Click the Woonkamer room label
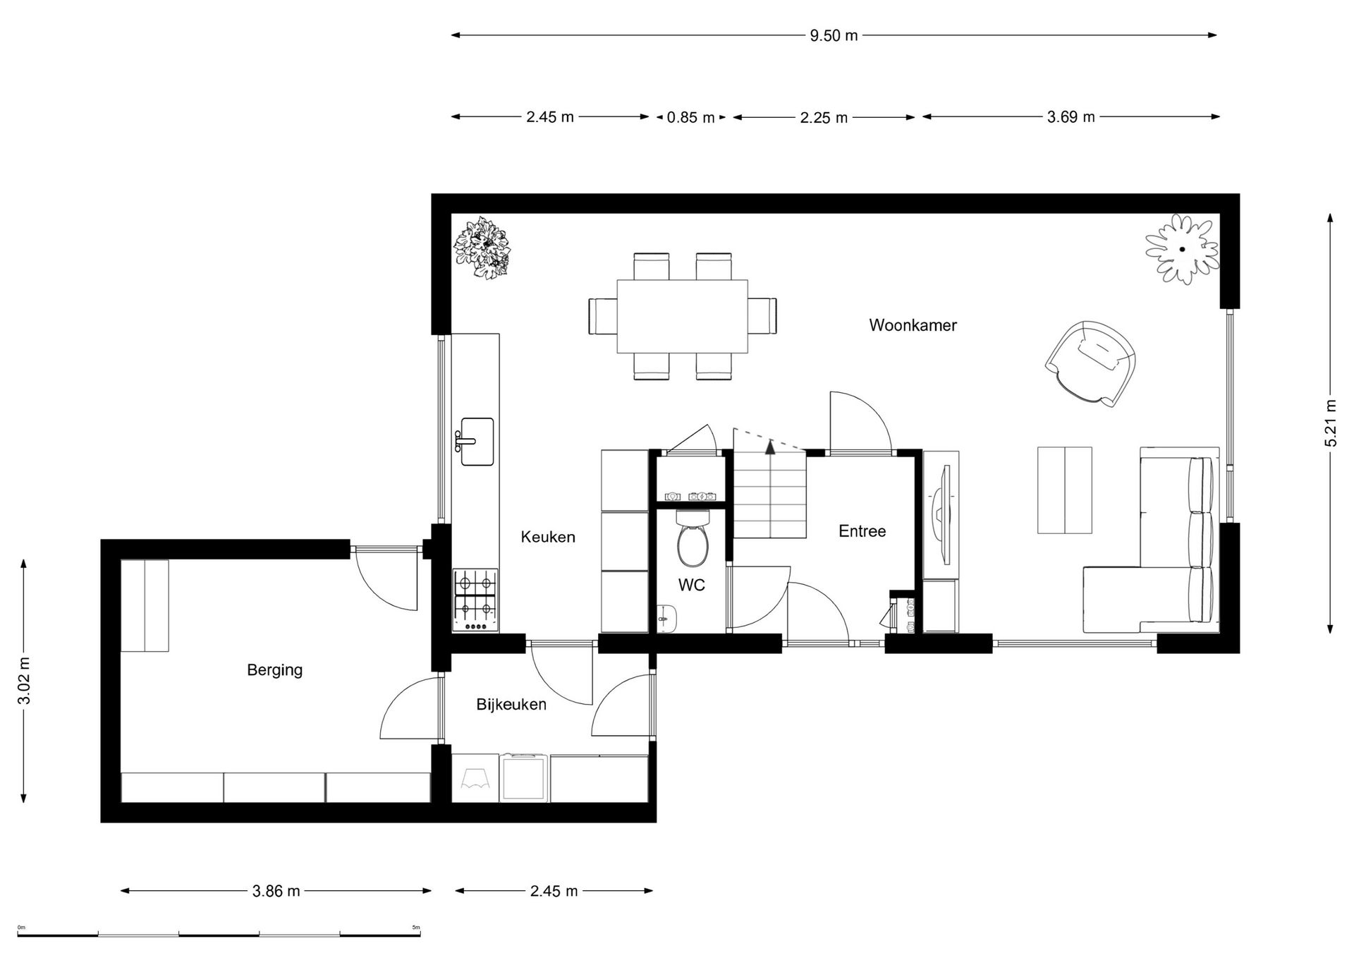(913, 325)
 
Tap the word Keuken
(548, 537)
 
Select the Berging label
(274, 670)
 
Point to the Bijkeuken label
(511, 704)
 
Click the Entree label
(862, 531)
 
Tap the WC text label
(691, 585)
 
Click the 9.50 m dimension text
(834, 36)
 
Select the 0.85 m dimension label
(690, 118)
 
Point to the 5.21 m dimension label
(1330, 423)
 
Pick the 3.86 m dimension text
(276, 892)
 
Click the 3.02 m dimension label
(24, 681)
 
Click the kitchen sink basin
(477, 442)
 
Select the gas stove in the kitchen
(475, 600)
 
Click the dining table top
(682, 316)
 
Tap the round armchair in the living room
(1090, 363)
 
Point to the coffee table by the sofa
(1064, 490)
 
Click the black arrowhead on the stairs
(770, 446)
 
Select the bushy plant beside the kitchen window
(482, 248)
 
